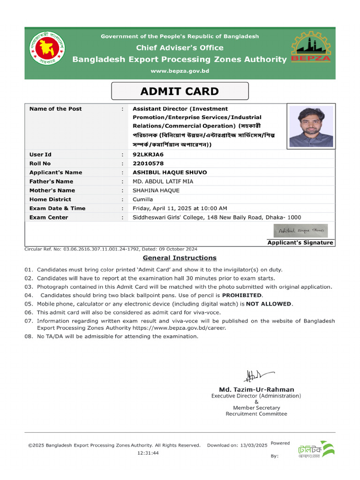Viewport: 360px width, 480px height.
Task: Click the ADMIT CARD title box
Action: (180, 91)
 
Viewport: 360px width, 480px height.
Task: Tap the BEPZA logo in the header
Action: (311, 47)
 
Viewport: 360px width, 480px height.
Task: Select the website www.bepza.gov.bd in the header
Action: (180, 71)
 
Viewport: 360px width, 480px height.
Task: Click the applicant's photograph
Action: (311, 126)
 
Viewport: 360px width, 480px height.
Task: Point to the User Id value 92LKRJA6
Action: (148, 154)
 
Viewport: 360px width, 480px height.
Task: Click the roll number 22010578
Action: (148, 164)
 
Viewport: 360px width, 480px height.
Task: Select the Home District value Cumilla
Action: (142, 199)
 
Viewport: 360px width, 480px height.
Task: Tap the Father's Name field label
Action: (51, 181)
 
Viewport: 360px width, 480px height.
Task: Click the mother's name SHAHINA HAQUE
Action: (156, 190)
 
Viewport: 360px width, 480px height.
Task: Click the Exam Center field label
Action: (48, 217)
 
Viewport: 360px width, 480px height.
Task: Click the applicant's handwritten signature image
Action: (300, 231)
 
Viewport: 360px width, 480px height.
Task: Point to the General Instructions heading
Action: (180, 258)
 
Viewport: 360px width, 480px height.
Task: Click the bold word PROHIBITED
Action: (242, 295)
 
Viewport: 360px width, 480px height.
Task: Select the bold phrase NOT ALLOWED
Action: (269, 304)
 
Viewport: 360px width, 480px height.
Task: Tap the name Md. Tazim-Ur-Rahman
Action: (256, 390)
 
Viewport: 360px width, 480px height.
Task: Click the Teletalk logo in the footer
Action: (315, 450)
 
